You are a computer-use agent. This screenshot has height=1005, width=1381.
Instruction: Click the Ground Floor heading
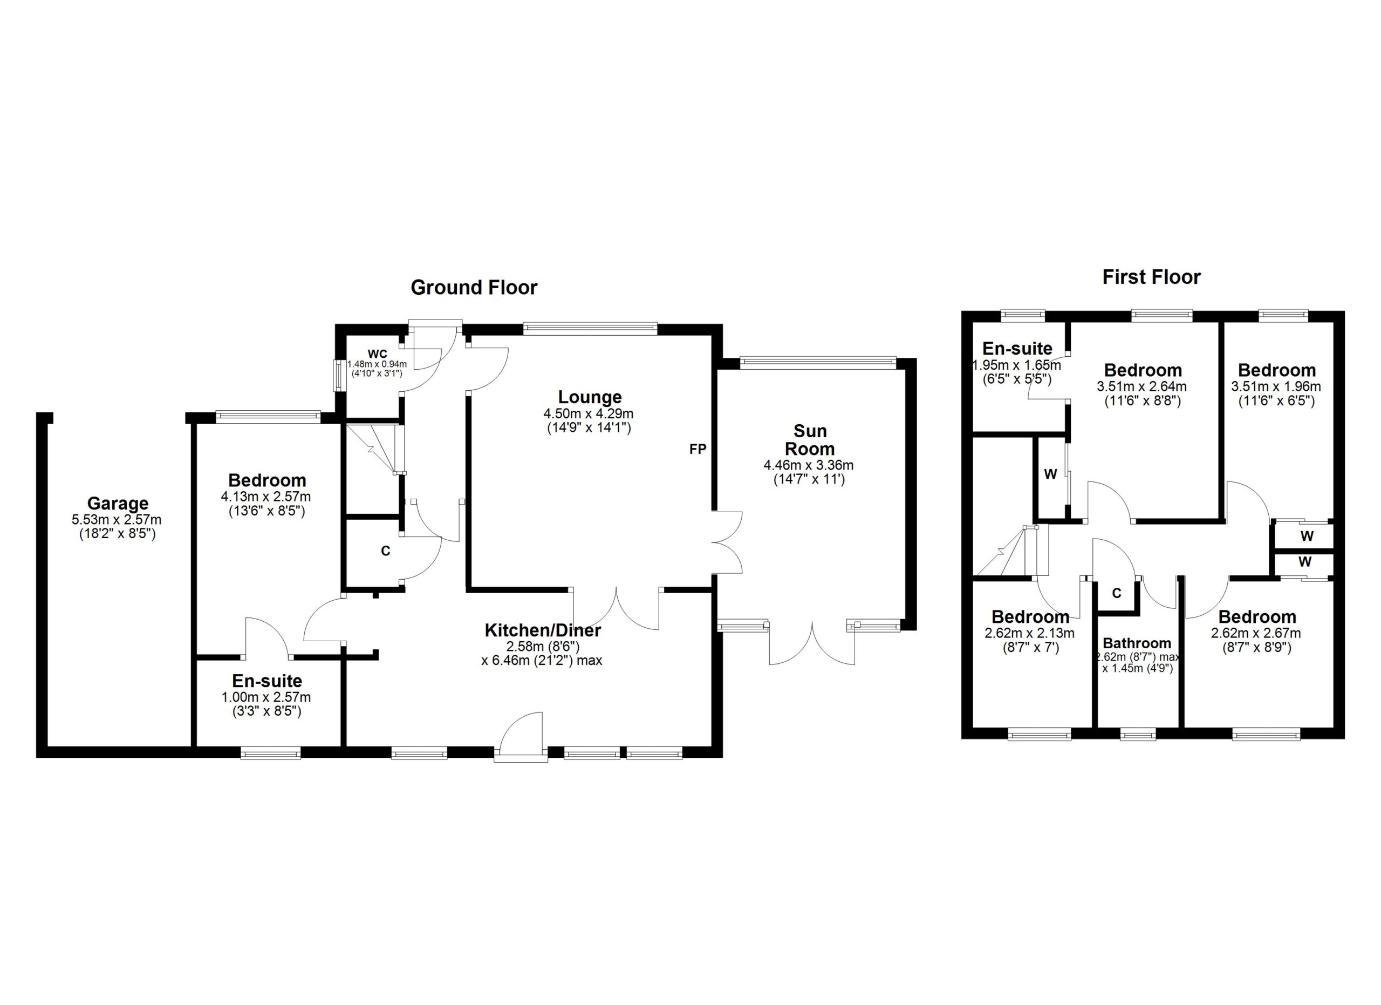(x=474, y=288)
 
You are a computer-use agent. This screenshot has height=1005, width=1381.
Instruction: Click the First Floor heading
(x=1151, y=277)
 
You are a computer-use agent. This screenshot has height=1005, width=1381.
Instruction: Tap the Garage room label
(x=118, y=503)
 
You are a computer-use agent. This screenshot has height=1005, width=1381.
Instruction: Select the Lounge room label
(x=590, y=397)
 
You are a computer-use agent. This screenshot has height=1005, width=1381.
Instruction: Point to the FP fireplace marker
(x=698, y=449)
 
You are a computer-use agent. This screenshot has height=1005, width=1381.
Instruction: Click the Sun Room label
(x=810, y=440)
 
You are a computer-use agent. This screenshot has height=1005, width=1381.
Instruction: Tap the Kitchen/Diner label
(x=543, y=630)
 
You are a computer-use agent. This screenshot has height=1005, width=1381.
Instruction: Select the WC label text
(x=377, y=354)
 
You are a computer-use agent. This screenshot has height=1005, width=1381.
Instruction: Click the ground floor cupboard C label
(x=385, y=551)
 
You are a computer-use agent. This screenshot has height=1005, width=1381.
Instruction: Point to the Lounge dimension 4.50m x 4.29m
(x=589, y=414)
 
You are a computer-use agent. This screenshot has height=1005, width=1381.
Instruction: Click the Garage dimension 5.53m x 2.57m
(x=117, y=520)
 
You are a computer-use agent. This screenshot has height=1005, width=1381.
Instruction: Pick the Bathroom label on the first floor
(x=1137, y=643)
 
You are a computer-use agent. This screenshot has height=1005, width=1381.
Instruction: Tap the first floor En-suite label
(x=1017, y=348)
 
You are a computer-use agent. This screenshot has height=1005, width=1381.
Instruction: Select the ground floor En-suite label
(x=266, y=681)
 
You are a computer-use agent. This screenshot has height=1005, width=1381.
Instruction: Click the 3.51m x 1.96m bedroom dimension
(x=1276, y=386)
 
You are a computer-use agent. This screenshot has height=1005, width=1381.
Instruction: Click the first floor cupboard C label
(x=1116, y=593)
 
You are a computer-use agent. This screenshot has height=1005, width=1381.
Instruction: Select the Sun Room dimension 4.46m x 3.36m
(x=809, y=465)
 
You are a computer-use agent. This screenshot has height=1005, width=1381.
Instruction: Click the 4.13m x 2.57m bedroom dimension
(x=265, y=497)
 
